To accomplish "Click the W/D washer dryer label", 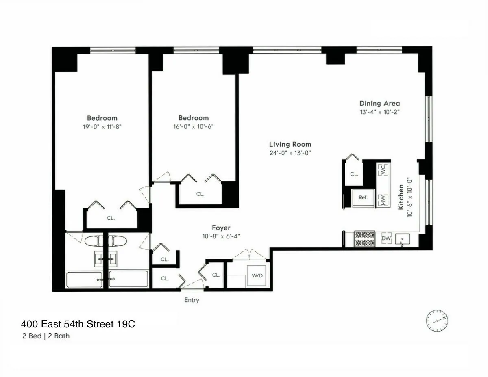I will [x=257, y=275].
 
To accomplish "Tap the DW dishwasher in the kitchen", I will [x=386, y=238].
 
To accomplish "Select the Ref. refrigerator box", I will [x=363, y=197].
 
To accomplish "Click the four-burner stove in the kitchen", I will [x=364, y=239].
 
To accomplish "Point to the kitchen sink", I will [x=402, y=239].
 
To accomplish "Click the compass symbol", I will [x=437, y=321].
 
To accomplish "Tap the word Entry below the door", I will [x=192, y=300].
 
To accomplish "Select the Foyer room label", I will [x=221, y=228].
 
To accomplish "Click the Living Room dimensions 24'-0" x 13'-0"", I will [x=290, y=153].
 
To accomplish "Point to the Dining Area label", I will [x=379, y=103].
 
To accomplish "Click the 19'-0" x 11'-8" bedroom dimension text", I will [x=102, y=127].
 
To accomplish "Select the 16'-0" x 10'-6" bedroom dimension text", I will [x=194, y=126].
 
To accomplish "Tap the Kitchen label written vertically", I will [x=401, y=197].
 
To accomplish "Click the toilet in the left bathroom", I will [x=94, y=241].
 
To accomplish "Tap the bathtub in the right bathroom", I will [x=128, y=279].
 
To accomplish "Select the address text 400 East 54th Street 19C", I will [x=78, y=324].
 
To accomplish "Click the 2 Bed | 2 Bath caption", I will [x=46, y=336].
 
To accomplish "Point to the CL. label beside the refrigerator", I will [x=354, y=174].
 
